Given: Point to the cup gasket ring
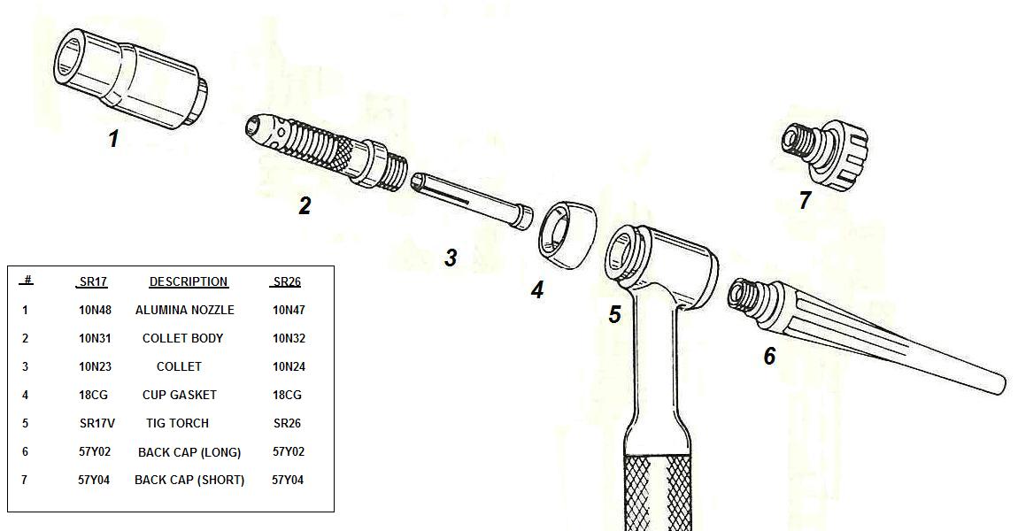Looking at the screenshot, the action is [567, 235].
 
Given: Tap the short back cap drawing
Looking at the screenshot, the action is [824, 155].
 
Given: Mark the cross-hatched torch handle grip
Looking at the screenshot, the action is [658, 492].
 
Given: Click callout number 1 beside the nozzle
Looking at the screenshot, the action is [113, 138].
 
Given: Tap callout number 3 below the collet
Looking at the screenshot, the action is [451, 257].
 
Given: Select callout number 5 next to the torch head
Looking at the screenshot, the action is [614, 314].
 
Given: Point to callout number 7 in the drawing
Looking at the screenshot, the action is [805, 200].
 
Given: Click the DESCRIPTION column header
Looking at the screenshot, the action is [189, 281].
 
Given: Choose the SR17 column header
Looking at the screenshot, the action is [93, 281].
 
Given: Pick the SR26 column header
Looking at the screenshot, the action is [287, 281].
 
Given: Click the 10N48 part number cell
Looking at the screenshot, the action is [95, 311].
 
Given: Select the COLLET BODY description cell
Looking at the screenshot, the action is [182, 338].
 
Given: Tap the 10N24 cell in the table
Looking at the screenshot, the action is [289, 366].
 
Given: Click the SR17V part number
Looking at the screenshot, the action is [96, 423].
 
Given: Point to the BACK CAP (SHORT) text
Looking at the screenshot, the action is [189, 481].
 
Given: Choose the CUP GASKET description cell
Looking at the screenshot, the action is [179, 395].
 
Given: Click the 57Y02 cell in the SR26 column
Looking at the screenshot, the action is [289, 452].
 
